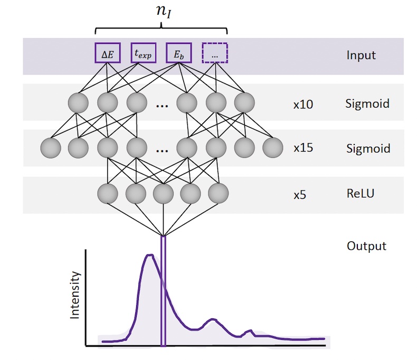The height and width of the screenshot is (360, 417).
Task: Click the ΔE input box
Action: click(x=107, y=54)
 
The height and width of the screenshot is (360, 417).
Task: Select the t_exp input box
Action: click(x=143, y=54)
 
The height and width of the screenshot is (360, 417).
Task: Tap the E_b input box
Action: click(x=179, y=54)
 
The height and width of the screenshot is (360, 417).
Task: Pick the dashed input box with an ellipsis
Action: click(x=215, y=54)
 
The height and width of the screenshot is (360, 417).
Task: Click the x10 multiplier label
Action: click(x=303, y=104)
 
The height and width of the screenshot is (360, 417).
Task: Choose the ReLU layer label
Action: click(x=360, y=194)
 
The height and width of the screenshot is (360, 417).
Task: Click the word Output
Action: click(x=366, y=246)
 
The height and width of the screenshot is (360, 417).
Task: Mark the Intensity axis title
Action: click(x=75, y=295)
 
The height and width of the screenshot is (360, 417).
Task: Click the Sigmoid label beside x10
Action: click(x=367, y=103)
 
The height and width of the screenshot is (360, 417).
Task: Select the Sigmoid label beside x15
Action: click(x=367, y=148)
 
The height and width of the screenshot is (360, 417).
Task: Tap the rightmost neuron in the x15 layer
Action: click(x=273, y=148)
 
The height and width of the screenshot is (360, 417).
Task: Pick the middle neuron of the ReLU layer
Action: click(x=163, y=194)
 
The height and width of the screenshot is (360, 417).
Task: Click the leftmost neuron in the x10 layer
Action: click(x=79, y=102)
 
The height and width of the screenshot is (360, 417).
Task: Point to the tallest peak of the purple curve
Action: click(x=150, y=256)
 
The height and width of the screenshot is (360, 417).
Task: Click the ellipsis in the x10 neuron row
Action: click(x=162, y=105)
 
